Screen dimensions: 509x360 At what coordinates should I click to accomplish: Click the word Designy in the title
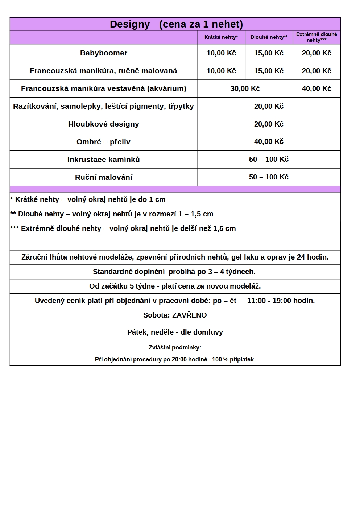(130, 24)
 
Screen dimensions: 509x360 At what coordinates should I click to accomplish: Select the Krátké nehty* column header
(221, 37)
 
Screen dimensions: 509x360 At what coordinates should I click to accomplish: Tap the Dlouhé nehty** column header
(269, 37)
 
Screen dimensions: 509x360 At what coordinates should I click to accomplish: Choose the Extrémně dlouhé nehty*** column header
(316, 37)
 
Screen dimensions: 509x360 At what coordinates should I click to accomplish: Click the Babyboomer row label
(104, 53)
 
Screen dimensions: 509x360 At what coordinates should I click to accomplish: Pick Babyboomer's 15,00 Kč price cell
(269, 53)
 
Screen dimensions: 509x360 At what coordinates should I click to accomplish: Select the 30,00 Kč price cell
(245, 88)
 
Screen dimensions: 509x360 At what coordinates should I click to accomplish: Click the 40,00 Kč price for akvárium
(316, 88)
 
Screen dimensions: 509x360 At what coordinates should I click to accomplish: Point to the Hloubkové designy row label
(104, 124)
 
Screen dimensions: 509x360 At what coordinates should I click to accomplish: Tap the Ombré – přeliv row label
(103, 142)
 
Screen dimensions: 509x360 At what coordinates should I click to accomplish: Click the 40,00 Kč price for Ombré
(269, 141)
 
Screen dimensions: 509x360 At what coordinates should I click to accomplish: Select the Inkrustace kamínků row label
(104, 160)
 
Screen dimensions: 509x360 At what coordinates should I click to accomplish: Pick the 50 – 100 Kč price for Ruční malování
(269, 177)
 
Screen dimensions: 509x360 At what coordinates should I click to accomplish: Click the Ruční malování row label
(104, 177)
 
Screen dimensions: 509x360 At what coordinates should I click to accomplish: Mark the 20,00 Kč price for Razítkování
(269, 106)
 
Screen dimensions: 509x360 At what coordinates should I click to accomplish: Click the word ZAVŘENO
(189, 315)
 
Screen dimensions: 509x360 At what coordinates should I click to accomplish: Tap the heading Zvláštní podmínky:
(175, 347)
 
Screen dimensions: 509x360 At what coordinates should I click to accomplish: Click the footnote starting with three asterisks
(123, 228)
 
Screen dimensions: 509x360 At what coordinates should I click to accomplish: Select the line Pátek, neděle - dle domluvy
(175, 332)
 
